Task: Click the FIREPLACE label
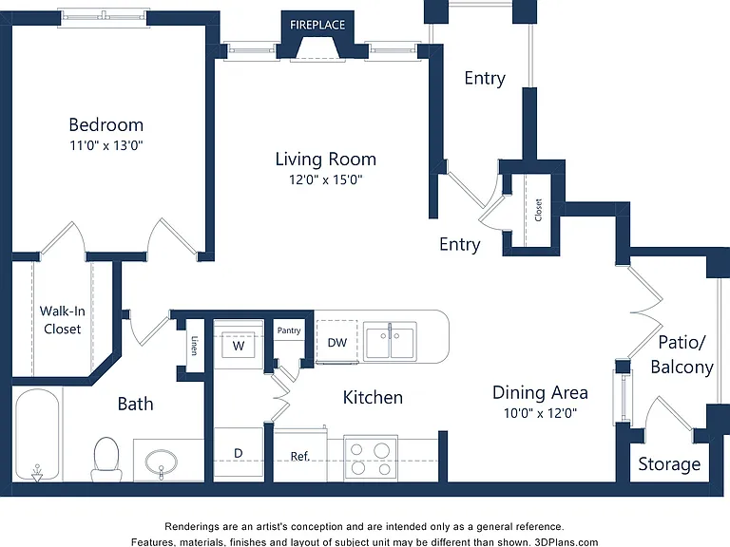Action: (317, 25)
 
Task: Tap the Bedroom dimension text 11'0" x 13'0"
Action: (106, 145)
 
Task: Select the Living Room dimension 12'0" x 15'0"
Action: (325, 179)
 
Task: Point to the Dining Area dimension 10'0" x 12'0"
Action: (540, 412)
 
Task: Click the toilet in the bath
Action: (106, 459)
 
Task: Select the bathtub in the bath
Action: (37, 435)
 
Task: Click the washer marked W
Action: (239, 345)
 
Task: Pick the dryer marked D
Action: (239, 455)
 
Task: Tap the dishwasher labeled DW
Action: (337, 342)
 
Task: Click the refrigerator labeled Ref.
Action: (299, 455)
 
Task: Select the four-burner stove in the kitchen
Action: (371, 459)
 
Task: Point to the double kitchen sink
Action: (390, 342)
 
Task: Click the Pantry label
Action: (289, 330)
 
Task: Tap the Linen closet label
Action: (195, 345)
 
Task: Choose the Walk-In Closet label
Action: (63, 319)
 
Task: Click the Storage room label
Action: (669, 464)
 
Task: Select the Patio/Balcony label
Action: (682, 354)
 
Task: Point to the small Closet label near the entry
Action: (538, 210)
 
